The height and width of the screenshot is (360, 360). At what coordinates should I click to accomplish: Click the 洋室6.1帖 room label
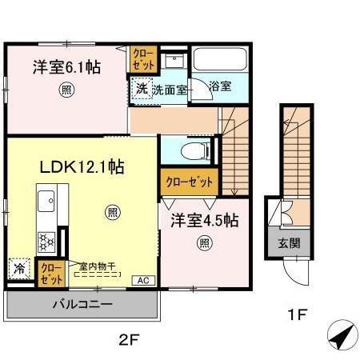(x=66, y=67)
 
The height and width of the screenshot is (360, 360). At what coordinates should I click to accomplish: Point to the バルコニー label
(x=82, y=304)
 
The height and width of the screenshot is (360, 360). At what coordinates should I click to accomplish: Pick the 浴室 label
(x=220, y=86)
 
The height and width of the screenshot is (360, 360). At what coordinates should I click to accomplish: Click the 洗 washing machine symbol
(x=141, y=88)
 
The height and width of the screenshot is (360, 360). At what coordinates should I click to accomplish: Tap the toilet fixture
(x=190, y=150)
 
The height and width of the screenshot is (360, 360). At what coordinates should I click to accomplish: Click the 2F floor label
(x=130, y=338)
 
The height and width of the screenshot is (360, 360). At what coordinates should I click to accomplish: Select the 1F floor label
(x=297, y=314)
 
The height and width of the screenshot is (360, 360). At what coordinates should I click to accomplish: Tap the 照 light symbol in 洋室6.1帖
(x=66, y=90)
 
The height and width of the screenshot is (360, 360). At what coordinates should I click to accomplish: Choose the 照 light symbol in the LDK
(x=113, y=212)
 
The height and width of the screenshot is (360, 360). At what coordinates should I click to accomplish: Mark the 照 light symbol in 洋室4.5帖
(x=205, y=243)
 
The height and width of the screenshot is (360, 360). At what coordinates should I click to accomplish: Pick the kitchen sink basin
(x=46, y=197)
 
